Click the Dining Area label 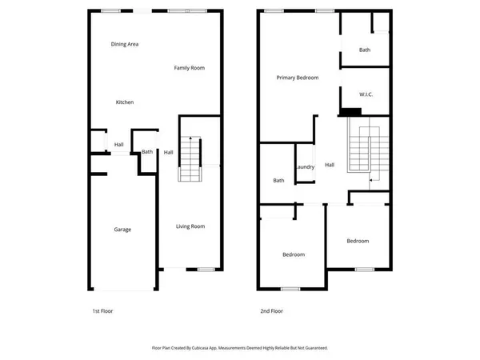coord(125,44)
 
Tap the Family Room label coord(190,68)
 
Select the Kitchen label coord(125,102)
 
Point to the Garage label coord(122,230)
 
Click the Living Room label coord(190,226)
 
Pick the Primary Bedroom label coord(298,78)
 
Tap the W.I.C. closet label coord(366,94)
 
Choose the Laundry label coord(305,167)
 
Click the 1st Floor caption coord(102,310)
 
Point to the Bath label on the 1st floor coord(147,152)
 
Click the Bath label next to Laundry coord(278,181)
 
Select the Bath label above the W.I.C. coord(365,50)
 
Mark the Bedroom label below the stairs coord(358,241)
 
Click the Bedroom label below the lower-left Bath coord(294,255)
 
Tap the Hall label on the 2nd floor coord(330,166)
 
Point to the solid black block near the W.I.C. coord(350,112)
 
